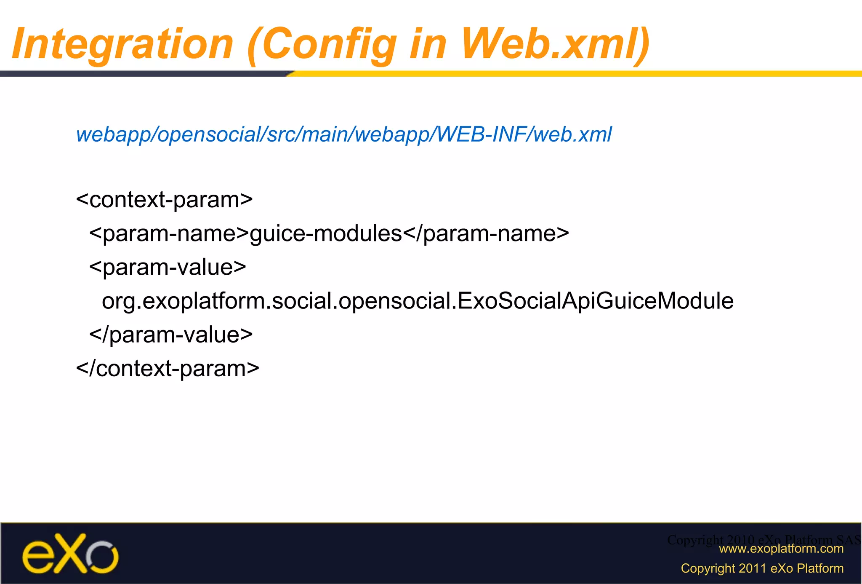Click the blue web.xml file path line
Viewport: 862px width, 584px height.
(x=343, y=135)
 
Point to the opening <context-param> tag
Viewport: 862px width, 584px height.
(x=164, y=200)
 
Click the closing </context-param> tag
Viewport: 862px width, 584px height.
(x=168, y=369)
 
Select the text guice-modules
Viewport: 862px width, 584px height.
(x=326, y=233)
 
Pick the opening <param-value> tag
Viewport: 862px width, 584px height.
(x=168, y=267)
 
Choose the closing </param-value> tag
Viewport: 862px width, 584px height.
(x=171, y=335)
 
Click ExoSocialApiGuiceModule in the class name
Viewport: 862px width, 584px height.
(x=595, y=301)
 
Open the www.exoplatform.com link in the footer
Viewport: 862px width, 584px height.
(x=781, y=549)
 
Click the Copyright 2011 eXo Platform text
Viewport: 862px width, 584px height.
(x=762, y=568)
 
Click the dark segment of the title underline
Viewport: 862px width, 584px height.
(x=143, y=74)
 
